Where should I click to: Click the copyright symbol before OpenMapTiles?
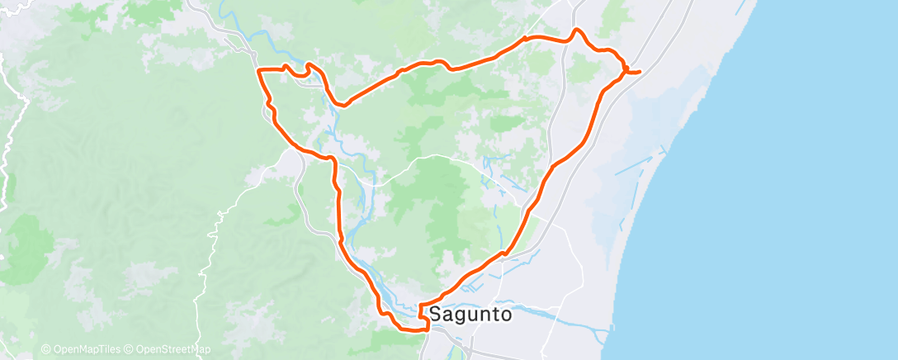[45, 349]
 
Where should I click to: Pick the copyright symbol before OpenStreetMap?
[128, 349]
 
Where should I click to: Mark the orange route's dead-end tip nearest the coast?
[640, 73]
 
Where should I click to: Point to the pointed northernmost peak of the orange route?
[576, 30]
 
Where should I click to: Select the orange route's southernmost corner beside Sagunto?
[427, 329]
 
